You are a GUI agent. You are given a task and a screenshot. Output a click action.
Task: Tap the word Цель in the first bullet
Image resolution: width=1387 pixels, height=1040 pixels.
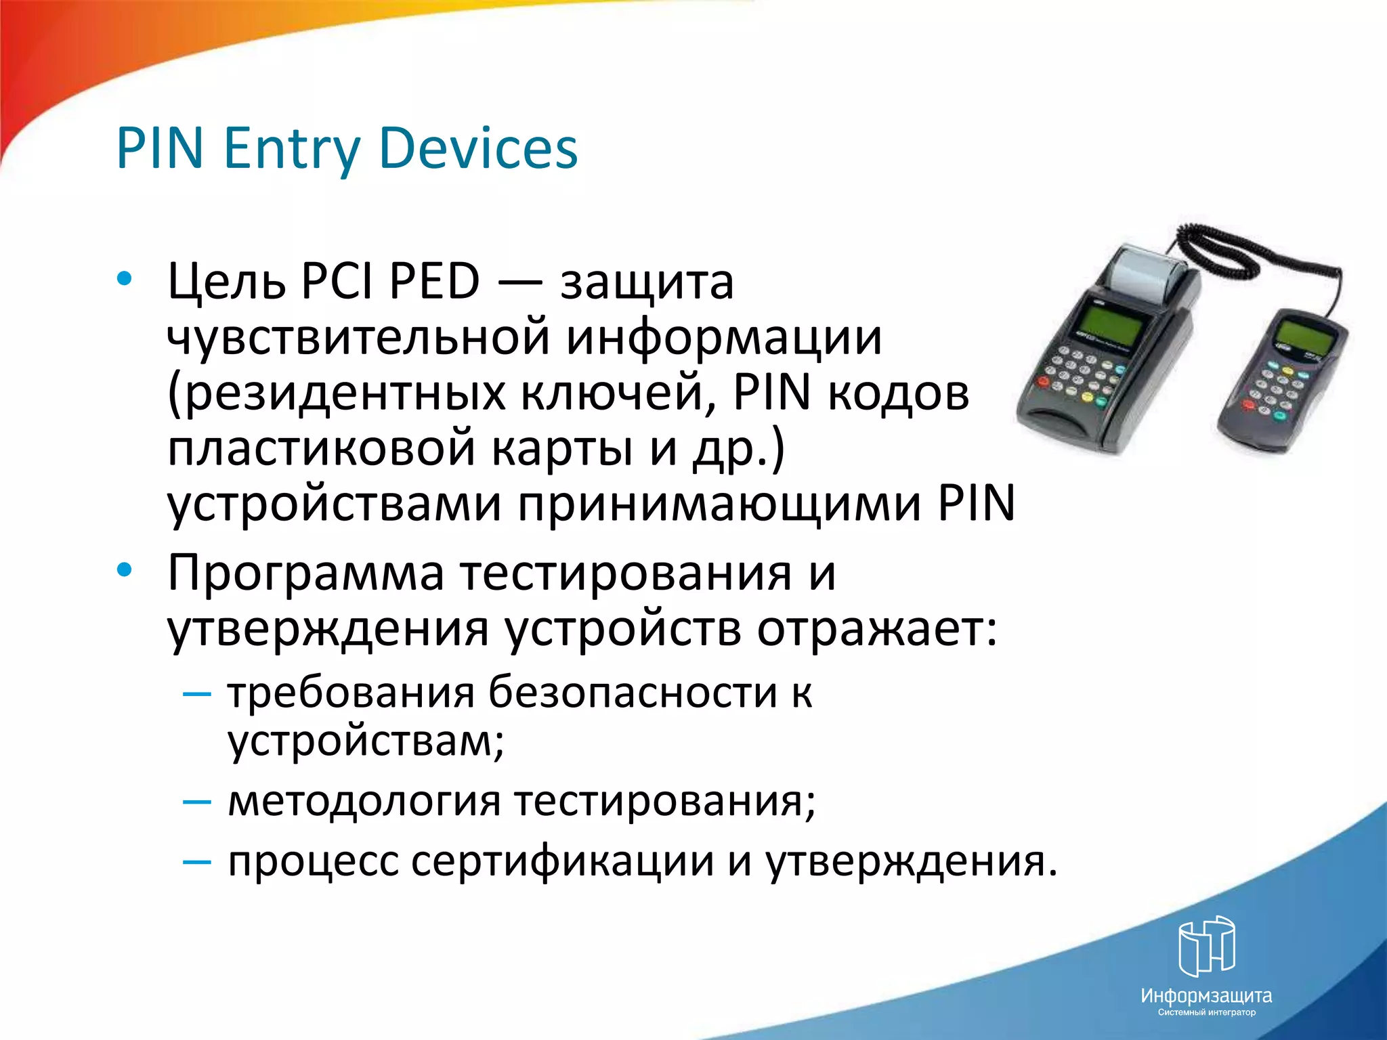coord(226,282)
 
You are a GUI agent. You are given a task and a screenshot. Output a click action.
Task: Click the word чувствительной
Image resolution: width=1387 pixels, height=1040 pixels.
coord(358,338)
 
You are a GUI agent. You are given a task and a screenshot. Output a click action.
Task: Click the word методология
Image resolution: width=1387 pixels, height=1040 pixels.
coord(364,801)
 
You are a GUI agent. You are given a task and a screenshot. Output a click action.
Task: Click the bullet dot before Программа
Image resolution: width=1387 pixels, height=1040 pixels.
coord(124,571)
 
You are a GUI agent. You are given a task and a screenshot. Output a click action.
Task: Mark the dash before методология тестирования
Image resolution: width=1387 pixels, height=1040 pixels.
coord(197,802)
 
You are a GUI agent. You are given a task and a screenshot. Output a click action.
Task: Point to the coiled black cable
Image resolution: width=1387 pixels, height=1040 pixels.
coord(1219,248)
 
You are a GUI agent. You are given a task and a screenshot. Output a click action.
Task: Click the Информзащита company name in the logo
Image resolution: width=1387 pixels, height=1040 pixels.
coord(1206,996)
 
